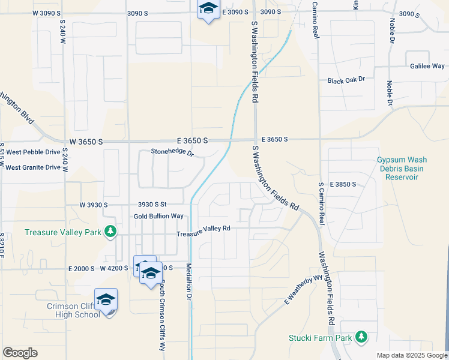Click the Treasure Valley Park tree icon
pos(110,232)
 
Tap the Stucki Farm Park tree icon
pos(361,338)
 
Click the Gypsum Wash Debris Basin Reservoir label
pos(402,169)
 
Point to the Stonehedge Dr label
pos(172,153)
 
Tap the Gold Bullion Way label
pos(158,216)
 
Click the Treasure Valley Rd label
pos(203,229)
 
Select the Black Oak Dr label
pos(346,80)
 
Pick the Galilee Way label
pos(427,66)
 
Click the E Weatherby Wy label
pos(304,289)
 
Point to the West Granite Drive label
pos(33,167)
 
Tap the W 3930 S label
pos(93,205)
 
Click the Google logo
pos(20,353)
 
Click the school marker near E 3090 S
pos(208,10)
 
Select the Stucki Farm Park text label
pos(320,338)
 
